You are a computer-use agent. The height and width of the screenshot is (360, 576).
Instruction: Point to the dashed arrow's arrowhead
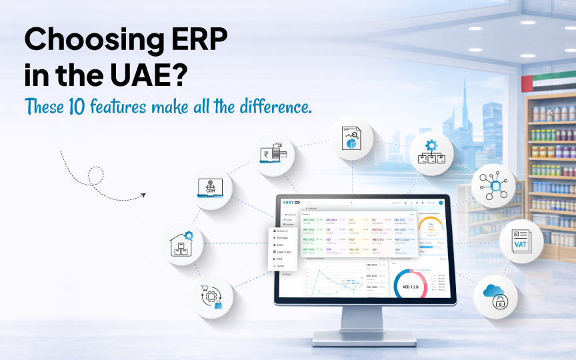pos(142,196)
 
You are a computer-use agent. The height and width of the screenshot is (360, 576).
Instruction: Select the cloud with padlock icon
pos(496,296)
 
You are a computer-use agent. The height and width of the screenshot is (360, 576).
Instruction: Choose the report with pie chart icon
pos(352,139)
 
